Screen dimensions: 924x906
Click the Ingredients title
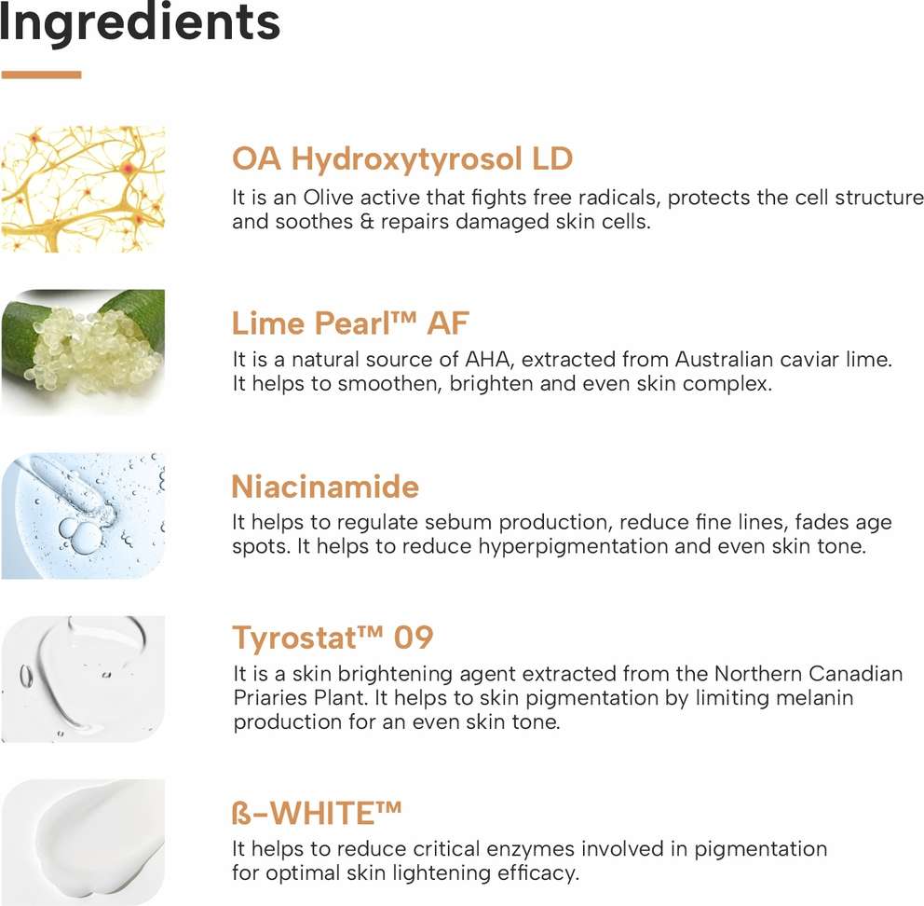click(x=139, y=23)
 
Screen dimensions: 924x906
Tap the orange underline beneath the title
click(x=41, y=75)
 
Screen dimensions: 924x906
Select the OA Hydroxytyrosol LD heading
click(x=402, y=159)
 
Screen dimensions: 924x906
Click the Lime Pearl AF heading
click(x=350, y=323)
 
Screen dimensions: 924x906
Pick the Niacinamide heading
click(x=325, y=487)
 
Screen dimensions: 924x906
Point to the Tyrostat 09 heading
click(x=333, y=638)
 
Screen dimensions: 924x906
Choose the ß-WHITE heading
click(x=317, y=814)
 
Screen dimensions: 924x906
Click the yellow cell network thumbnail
click(x=83, y=189)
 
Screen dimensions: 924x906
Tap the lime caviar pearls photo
click(x=83, y=352)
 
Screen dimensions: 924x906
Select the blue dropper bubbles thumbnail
click(x=83, y=515)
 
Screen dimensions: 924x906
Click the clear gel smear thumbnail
click(x=83, y=679)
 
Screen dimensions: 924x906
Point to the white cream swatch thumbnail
click(x=83, y=843)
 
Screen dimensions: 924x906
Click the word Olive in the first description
click(x=328, y=197)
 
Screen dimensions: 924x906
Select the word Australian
click(x=724, y=359)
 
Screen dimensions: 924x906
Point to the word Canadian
click(x=855, y=674)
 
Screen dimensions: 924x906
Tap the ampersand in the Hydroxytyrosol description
click(x=367, y=222)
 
